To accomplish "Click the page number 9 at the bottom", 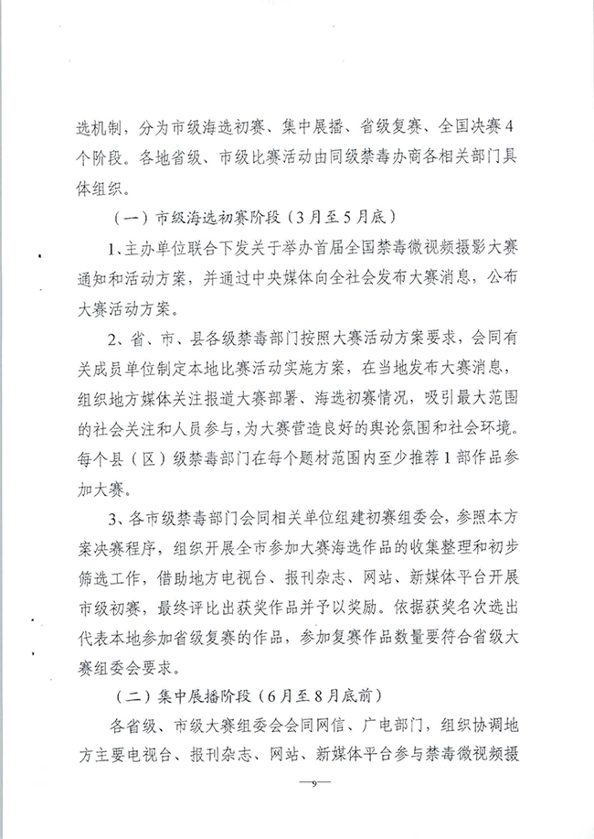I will tap(313, 785).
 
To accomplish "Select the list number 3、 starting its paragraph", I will tap(114, 520).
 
